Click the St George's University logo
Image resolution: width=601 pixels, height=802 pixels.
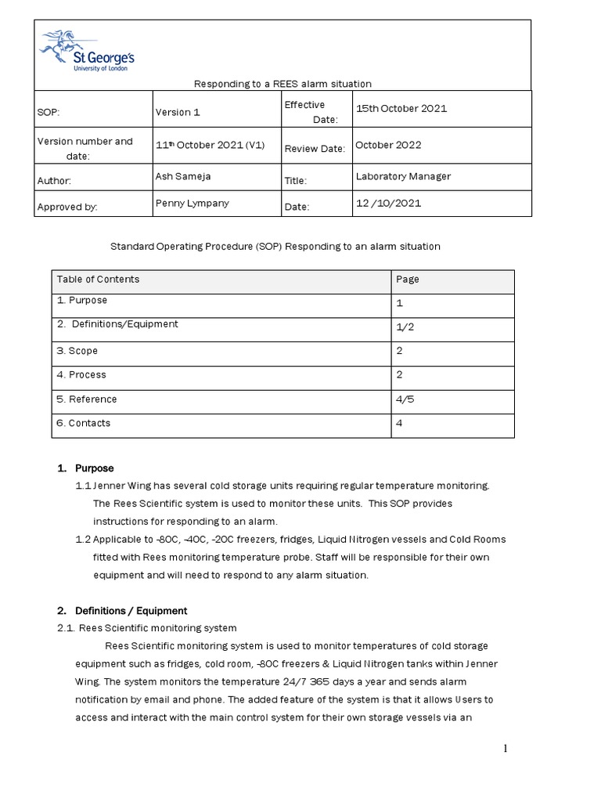tap(87, 51)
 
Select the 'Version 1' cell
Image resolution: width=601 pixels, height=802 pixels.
tap(178, 112)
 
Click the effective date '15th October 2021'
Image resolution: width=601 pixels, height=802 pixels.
tap(401, 108)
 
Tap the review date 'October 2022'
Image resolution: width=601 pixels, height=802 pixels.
tap(388, 145)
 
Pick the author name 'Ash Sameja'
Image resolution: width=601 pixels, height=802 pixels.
tap(183, 176)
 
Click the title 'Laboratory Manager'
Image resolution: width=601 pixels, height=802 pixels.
tap(403, 176)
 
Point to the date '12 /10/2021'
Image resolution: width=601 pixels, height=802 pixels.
tap(388, 203)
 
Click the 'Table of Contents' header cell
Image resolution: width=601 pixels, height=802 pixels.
tap(98, 279)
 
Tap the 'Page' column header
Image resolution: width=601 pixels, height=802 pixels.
tap(408, 279)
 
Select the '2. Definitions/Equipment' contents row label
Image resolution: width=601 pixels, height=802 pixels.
tap(117, 323)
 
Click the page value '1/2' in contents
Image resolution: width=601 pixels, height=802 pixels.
tap(405, 327)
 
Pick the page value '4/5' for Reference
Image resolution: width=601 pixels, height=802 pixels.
tap(405, 399)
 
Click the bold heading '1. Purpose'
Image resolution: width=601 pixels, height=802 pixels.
tap(86, 468)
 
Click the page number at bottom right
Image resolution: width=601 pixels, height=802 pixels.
tap(506, 749)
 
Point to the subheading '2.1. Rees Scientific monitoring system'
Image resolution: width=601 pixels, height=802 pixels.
tap(146, 627)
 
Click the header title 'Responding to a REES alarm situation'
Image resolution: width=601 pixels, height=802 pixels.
tap(283, 84)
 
